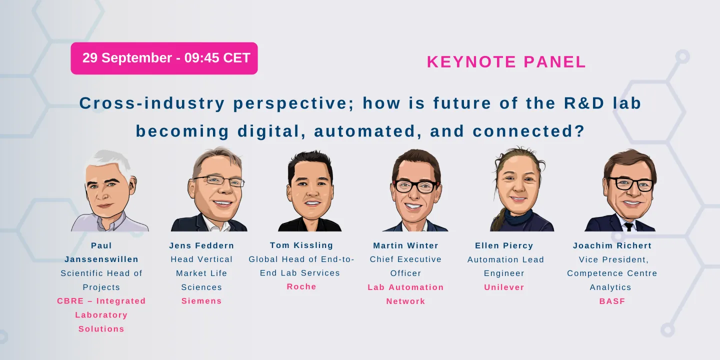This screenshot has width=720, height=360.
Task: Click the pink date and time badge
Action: pyautogui.click(x=164, y=58)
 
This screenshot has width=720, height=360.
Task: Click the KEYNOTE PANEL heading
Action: pyautogui.click(x=506, y=61)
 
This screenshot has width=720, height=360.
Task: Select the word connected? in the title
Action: pyautogui.click(x=528, y=131)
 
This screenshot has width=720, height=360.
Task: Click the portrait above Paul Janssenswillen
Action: pyautogui.click(x=109, y=190)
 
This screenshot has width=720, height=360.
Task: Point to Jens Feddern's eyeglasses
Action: pyautogui.click(x=219, y=180)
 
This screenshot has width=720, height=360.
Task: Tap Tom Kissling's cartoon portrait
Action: pyautogui.click(x=310, y=191)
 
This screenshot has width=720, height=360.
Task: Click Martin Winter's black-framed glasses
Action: pyautogui.click(x=416, y=186)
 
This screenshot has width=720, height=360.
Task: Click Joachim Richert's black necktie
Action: pyautogui.click(x=629, y=227)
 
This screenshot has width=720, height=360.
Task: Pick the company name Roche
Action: pyautogui.click(x=301, y=286)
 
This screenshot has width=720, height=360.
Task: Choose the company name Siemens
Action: pyautogui.click(x=201, y=301)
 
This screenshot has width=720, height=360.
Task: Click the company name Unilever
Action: pyautogui.click(x=504, y=287)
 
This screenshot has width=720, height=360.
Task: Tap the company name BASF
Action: pyautogui.click(x=612, y=301)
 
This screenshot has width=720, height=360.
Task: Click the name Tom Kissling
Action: pyautogui.click(x=301, y=245)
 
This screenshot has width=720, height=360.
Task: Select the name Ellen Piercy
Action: pyautogui.click(x=504, y=246)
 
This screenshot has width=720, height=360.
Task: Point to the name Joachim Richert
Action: pyautogui.click(x=612, y=246)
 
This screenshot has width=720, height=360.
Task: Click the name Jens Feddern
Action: pyautogui.click(x=201, y=246)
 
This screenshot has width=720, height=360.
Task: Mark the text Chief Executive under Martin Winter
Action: pyautogui.click(x=405, y=259)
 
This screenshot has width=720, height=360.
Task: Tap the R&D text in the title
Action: pyautogui.click(x=584, y=103)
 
